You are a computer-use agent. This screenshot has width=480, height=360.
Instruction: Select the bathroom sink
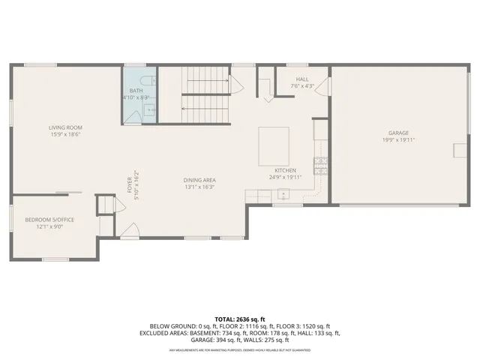[x=149, y=110]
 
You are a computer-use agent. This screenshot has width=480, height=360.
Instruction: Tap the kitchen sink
[x=283, y=195]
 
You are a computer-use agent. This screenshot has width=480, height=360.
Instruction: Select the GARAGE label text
[x=398, y=133]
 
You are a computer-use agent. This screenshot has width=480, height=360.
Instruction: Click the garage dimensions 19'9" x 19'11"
[x=398, y=139]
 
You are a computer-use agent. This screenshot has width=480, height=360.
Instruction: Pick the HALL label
[x=302, y=79]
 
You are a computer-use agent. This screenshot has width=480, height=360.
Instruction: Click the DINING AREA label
[x=199, y=180]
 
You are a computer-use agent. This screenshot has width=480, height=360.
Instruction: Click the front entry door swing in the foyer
[x=130, y=230]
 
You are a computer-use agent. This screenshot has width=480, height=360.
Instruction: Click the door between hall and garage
[x=321, y=87]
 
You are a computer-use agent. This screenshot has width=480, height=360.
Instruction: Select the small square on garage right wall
[x=457, y=150]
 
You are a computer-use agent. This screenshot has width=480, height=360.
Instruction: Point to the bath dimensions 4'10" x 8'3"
[x=136, y=97]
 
